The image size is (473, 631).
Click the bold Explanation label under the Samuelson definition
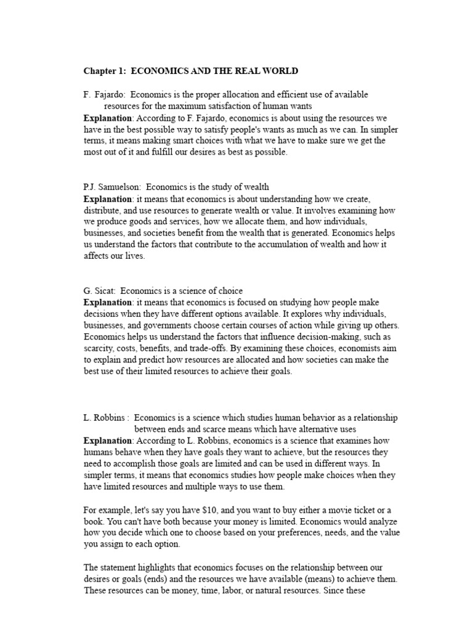coord(108,199)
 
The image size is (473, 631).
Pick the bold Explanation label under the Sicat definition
coord(108,303)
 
